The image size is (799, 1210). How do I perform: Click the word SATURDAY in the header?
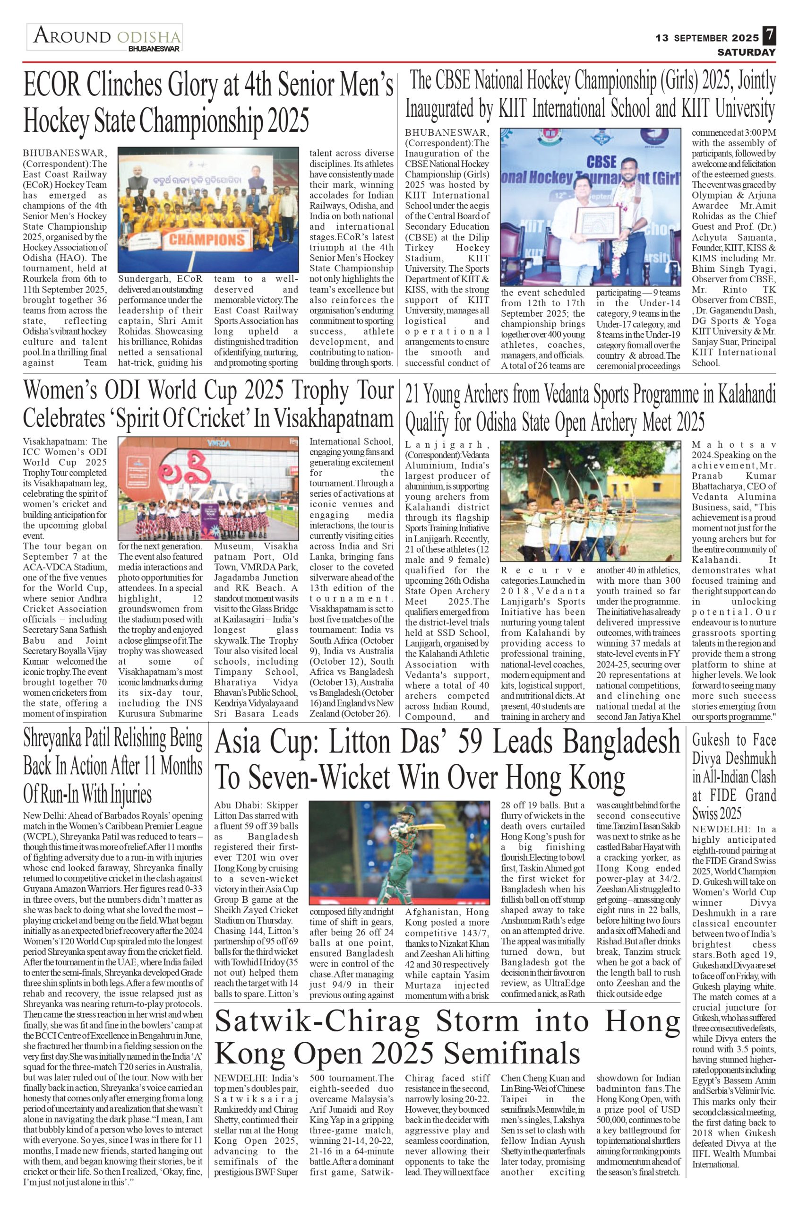tap(747, 52)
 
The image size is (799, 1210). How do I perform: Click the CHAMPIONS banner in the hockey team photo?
tap(206, 239)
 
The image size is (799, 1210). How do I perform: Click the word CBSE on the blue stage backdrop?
tap(601, 162)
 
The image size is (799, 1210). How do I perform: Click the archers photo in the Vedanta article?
tap(590, 501)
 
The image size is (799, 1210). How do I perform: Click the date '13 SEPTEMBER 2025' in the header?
tap(707, 38)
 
